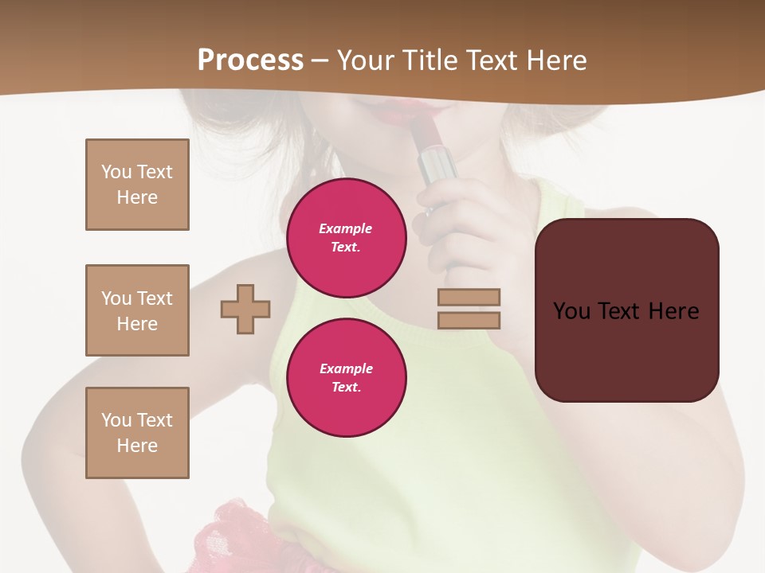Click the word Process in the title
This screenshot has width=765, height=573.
click(x=250, y=60)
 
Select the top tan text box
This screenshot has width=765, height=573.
click(x=137, y=185)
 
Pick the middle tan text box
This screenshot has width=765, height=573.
click(x=137, y=310)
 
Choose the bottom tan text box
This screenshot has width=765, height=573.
click(x=137, y=433)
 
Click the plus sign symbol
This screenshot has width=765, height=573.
click(x=245, y=310)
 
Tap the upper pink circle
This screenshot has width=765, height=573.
click(x=347, y=238)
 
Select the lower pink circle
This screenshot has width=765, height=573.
click(x=347, y=378)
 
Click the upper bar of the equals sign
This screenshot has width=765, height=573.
click(x=469, y=297)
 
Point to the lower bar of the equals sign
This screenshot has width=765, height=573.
click(x=469, y=320)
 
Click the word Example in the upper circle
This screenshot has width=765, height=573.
click(x=346, y=228)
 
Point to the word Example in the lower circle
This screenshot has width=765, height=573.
click(x=347, y=368)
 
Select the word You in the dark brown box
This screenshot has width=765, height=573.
click(x=571, y=311)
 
